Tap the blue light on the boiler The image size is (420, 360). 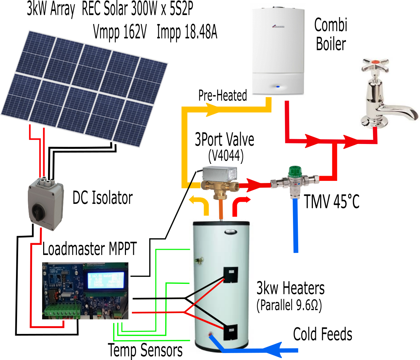click(277, 87)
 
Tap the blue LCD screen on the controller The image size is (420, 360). click(106, 280)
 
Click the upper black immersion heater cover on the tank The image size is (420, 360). click(230, 274)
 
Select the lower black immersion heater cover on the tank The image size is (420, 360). click(231, 332)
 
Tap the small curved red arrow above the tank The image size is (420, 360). click(241, 203)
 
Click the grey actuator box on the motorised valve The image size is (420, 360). click(220, 174)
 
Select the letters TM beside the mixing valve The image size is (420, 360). click(312, 199)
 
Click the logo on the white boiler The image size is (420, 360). click(278, 26)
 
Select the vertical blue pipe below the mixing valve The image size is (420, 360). click(296, 226)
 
